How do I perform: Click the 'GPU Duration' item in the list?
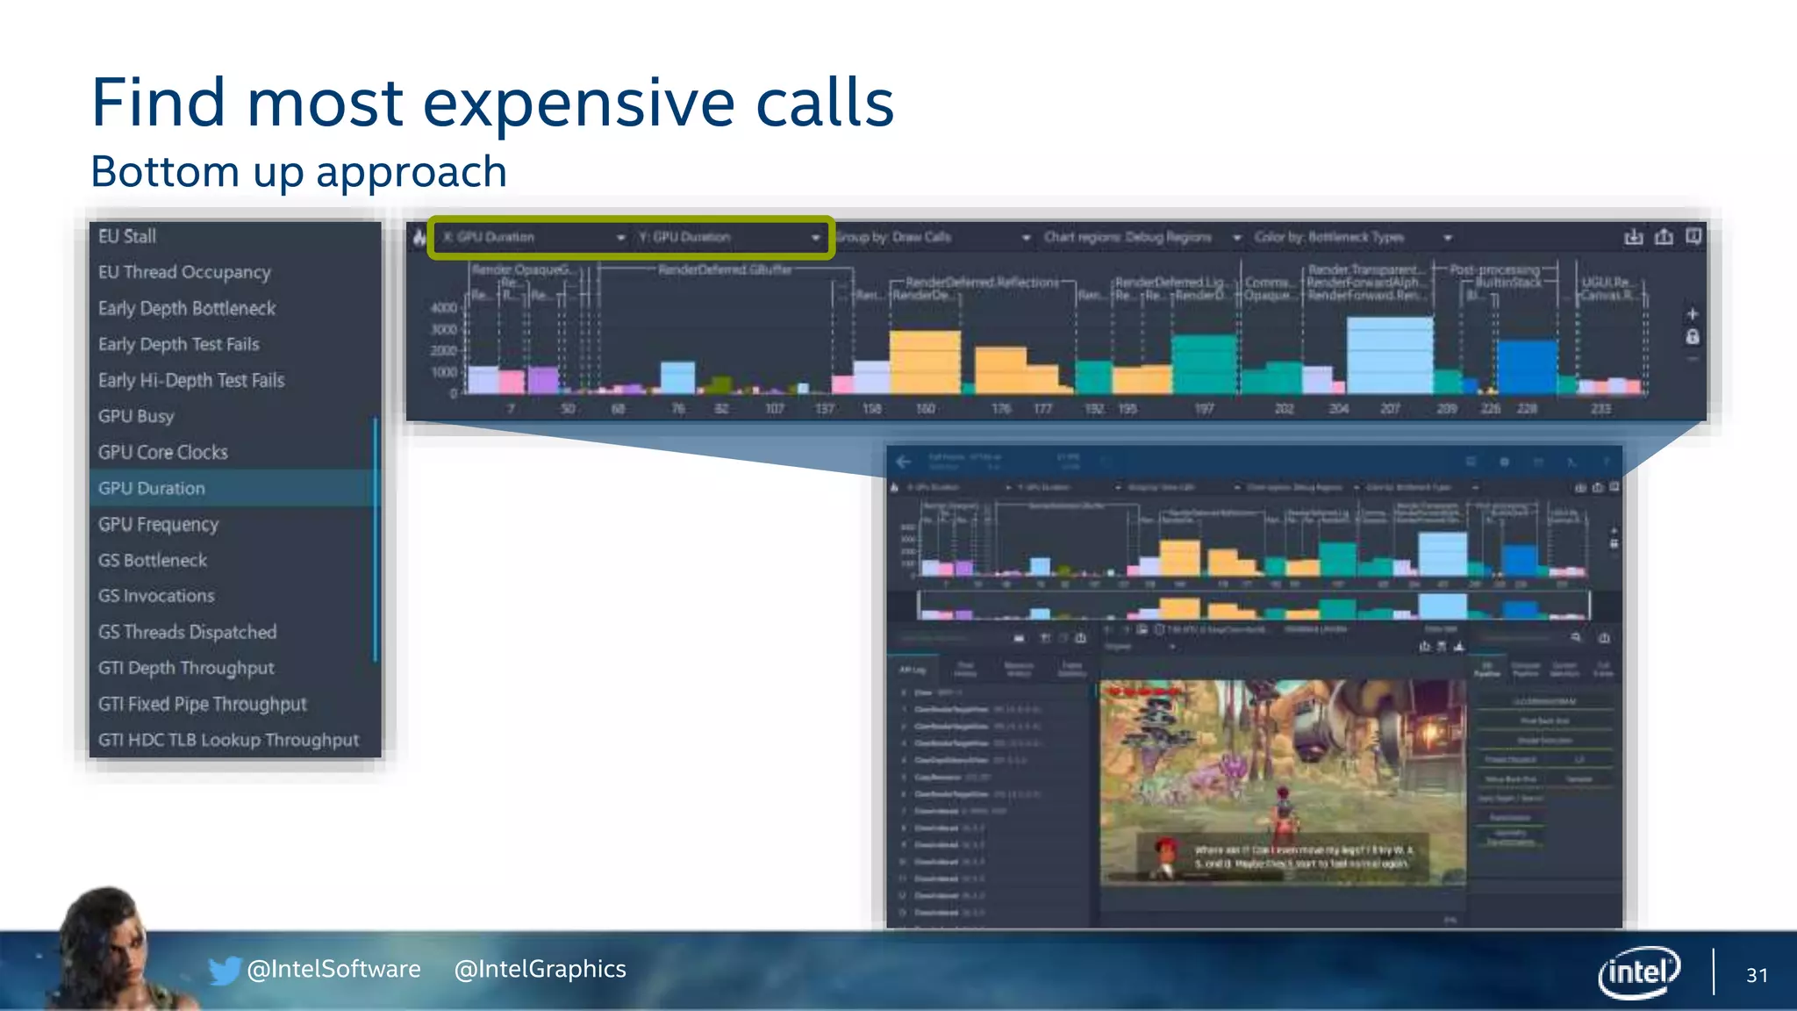click(152, 489)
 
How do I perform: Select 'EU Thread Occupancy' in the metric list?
click(184, 273)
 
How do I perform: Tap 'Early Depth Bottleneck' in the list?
click(187, 309)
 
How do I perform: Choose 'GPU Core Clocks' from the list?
click(163, 453)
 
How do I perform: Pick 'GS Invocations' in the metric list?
click(156, 596)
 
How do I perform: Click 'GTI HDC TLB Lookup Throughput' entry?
click(229, 740)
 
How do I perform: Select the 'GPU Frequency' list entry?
click(159, 525)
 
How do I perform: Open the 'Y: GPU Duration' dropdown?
click(729, 238)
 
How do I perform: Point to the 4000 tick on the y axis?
click(443, 308)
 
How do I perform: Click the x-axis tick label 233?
click(1600, 409)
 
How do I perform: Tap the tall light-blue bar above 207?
click(1390, 355)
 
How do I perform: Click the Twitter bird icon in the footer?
click(225, 970)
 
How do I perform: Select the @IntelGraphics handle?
click(540, 969)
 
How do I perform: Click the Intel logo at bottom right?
click(1638, 972)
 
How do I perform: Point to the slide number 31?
click(1757, 975)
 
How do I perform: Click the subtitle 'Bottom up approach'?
click(299, 172)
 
